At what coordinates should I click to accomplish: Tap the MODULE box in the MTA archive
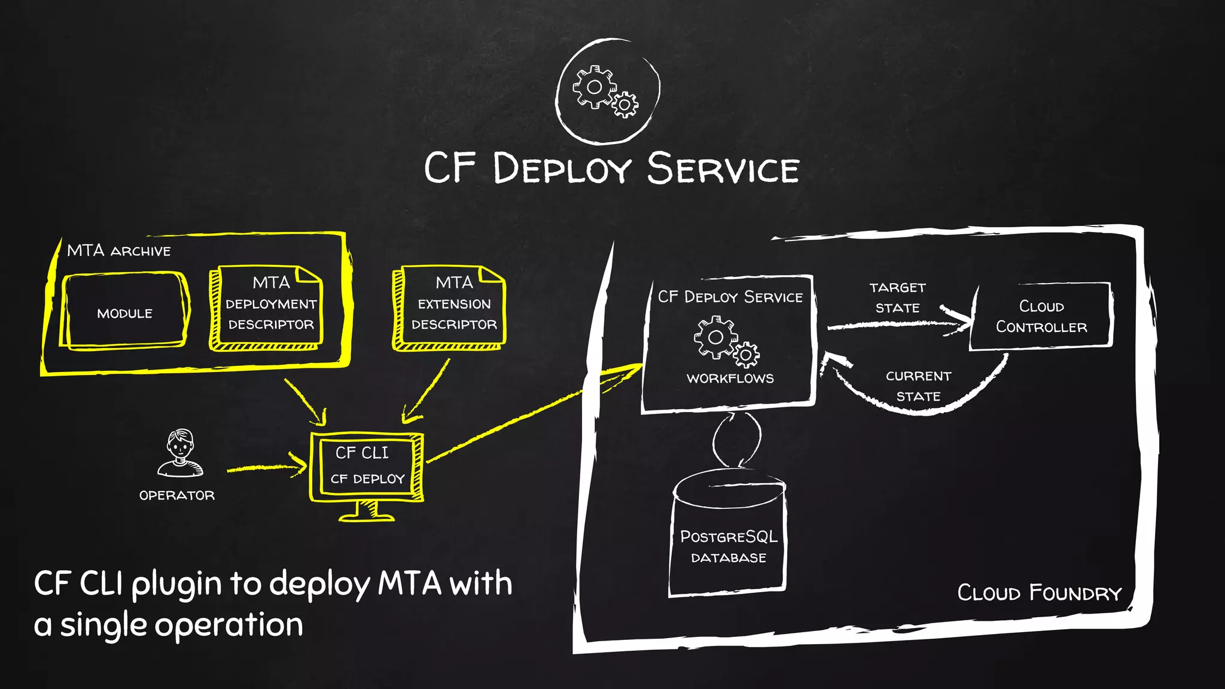click(124, 313)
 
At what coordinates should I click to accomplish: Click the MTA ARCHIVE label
click(118, 251)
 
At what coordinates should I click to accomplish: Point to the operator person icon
click(180, 453)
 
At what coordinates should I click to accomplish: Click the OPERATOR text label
click(176, 495)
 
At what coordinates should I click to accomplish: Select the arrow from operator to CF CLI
click(266, 467)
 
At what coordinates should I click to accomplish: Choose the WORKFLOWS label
click(730, 379)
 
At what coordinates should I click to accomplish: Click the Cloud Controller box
click(1041, 316)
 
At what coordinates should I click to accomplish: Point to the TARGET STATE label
click(897, 298)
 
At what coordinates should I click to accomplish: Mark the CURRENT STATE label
click(918, 386)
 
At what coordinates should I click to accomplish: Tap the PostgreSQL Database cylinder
click(728, 535)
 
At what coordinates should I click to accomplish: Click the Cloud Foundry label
click(1039, 593)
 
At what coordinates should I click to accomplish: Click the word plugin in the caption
click(176, 585)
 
